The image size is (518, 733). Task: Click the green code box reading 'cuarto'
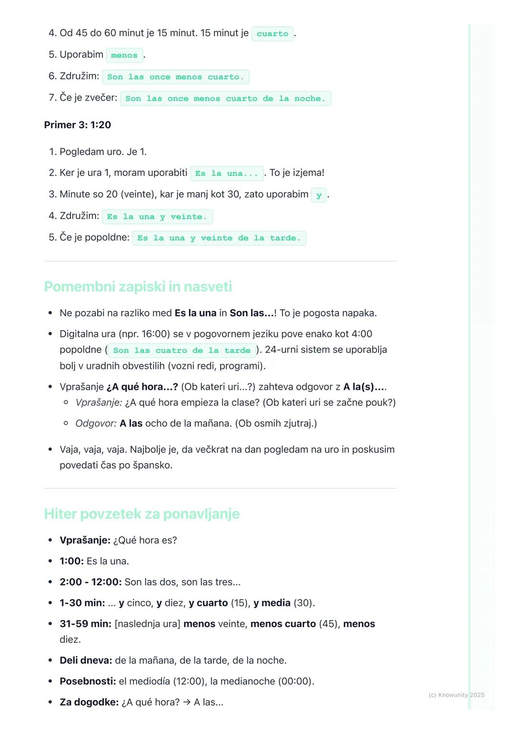[272, 34]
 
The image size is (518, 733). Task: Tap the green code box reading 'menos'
[124, 55]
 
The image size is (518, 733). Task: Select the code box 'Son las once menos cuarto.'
[176, 77]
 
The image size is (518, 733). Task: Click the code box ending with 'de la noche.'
[225, 98]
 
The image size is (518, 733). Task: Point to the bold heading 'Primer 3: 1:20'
[78, 125]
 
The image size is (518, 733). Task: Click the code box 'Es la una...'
[227, 173]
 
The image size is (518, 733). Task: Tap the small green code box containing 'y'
[319, 195]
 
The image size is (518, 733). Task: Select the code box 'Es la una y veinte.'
[157, 217]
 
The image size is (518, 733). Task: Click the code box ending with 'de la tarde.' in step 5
[219, 238]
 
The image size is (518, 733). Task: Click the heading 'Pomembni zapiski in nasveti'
[138, 286]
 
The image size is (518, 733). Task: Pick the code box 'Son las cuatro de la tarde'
[182, 351]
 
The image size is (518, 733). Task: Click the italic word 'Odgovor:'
[96, 423]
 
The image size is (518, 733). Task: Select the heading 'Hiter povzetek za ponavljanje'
[142, 514]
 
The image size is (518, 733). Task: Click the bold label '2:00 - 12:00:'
[91, 582]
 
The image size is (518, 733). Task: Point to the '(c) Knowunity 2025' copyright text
[456, 695]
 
